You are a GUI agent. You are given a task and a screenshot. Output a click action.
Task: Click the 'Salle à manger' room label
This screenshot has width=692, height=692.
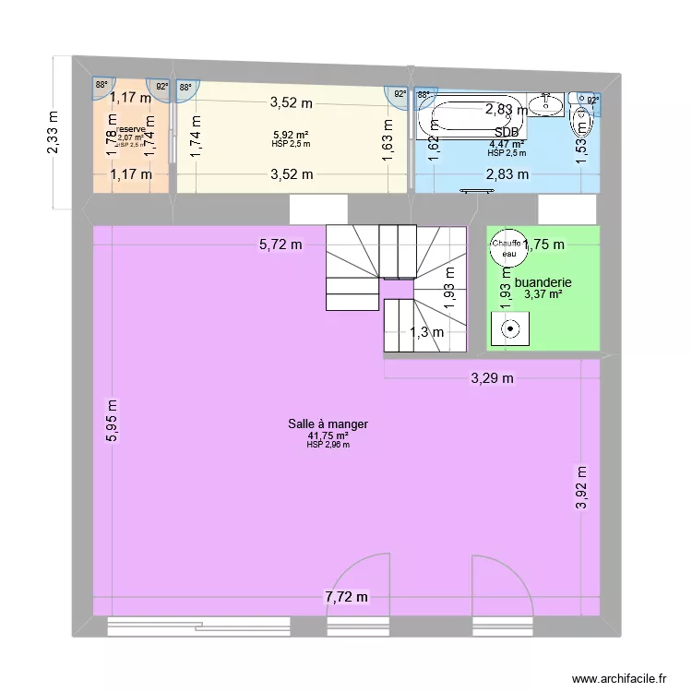point(328,424)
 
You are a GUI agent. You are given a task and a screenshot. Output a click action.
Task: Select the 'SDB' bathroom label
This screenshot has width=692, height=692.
point(506,133)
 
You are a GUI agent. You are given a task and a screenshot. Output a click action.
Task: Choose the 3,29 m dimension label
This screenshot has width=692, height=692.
point(492,377)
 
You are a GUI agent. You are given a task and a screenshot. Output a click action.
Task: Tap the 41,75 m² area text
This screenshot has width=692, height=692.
point(328,435)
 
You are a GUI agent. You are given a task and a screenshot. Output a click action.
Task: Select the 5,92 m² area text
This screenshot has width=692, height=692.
point(290,134)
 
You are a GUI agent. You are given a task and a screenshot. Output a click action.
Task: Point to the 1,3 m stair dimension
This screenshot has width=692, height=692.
point(426,333)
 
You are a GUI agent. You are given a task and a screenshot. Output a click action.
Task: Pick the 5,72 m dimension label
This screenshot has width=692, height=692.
point(280,245)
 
